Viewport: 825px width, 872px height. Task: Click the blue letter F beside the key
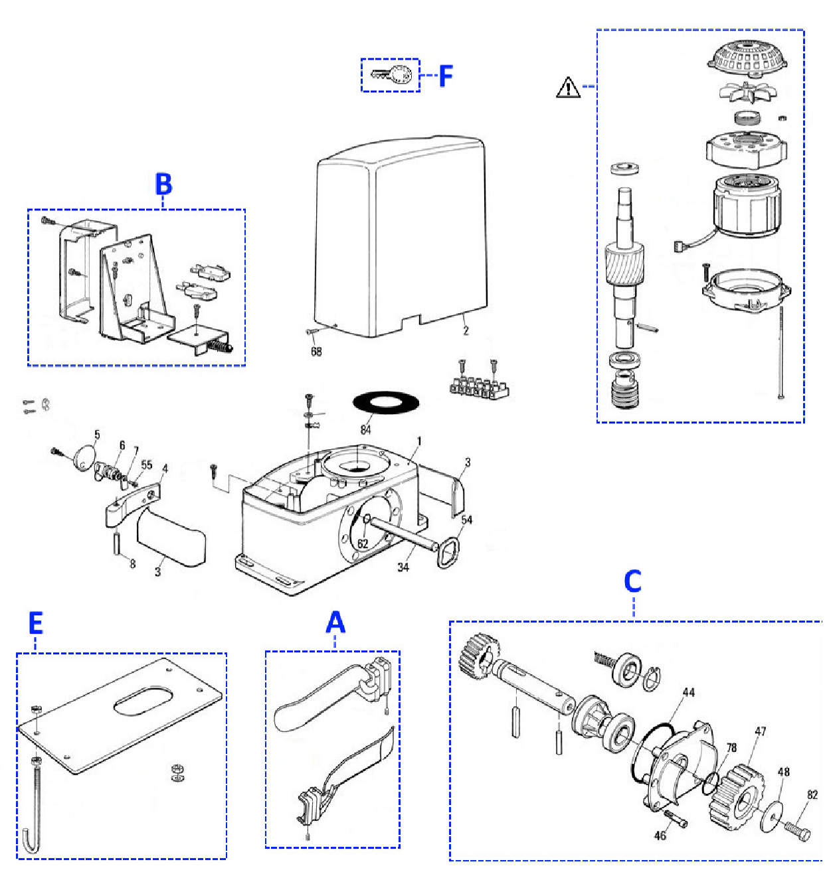point(445,76)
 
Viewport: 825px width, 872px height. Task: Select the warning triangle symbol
point(568,88)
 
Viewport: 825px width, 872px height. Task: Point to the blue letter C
point(632,581)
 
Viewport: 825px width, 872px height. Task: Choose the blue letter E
point(35,623)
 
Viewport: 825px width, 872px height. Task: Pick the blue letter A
point(335,622)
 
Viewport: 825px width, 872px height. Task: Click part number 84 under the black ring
point(365,429)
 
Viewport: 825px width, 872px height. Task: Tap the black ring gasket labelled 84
point(385,402)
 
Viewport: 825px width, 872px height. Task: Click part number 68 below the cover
point(316,351)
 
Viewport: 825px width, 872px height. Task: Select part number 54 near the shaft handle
point(467,520)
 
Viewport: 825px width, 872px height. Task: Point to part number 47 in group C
point(760,731)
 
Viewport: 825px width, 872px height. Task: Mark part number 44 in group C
point(688,692)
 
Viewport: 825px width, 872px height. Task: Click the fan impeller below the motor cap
point(748,92)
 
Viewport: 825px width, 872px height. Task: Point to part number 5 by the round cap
point(97,434)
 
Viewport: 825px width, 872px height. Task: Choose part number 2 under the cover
point(466,330)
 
